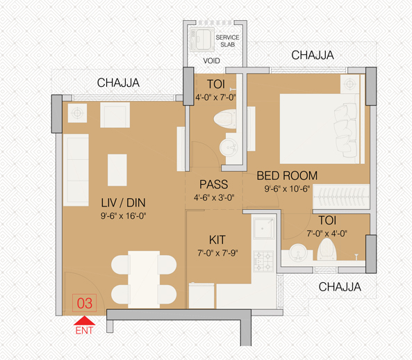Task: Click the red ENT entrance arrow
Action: [84, 320]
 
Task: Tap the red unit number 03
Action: [84, 303]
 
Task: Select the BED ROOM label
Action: [287, 176]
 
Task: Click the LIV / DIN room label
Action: [123, 203]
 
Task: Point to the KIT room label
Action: [217, 240]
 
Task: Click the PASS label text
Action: [213, 184]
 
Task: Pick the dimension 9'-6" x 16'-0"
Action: [123, 216]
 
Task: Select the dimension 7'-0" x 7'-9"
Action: [217, 253]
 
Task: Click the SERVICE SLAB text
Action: [227, 41]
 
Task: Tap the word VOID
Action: [211, 61]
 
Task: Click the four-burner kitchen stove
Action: [263, 261]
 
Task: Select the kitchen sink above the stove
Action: [264, 228]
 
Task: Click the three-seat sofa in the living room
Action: [76, 170]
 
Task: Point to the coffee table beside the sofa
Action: [117, 170]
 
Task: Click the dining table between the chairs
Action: [144, 279]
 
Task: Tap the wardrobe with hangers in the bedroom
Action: [341, 197]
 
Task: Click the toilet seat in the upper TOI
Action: [225, 120]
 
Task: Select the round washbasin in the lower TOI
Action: [297, 252]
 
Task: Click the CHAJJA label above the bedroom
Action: [313, 55]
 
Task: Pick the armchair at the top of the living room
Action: [115, 115]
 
